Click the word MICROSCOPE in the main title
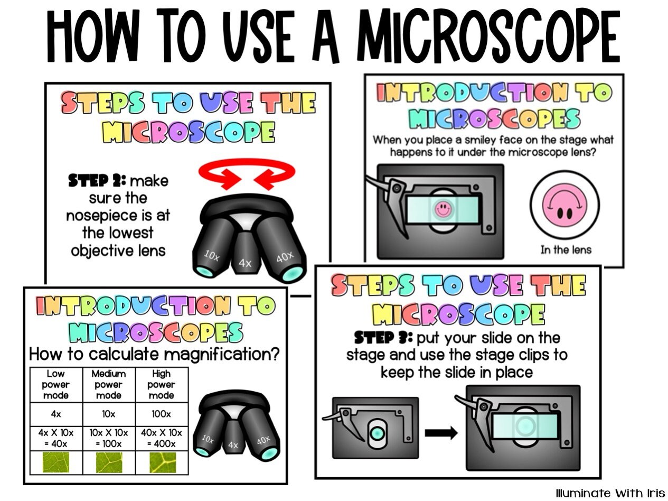(488, 38)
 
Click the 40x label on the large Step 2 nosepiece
(285, 257)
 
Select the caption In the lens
(565, 249)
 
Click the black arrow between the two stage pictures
(441, 433)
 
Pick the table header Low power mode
(55, 384)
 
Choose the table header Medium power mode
(109, 384)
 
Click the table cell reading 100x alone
(161, 414)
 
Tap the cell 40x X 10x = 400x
(161, 438)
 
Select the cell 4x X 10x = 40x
(55, 438)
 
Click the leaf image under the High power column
(161, 462)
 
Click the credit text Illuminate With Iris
(610, 493)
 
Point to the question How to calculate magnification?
(154, 354)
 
